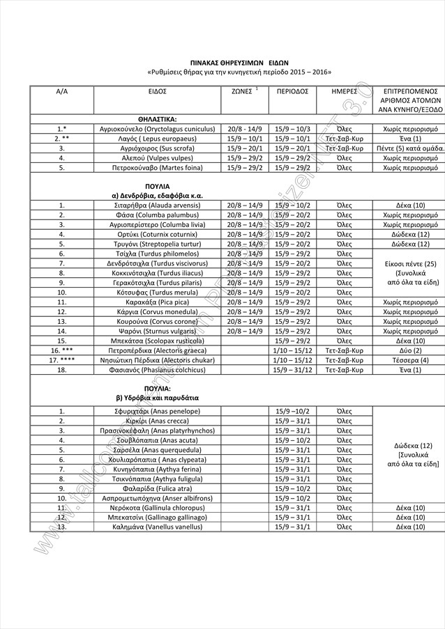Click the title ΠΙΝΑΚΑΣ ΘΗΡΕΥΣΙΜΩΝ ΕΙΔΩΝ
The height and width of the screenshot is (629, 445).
239,62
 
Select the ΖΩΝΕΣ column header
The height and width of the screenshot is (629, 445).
241,91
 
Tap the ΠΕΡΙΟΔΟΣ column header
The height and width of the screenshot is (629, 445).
292,91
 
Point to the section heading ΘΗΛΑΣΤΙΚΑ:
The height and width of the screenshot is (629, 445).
157,120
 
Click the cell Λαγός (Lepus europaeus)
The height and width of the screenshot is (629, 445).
157,139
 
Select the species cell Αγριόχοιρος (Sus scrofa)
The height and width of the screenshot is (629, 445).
157,148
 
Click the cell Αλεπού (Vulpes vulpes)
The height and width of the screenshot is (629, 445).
157,158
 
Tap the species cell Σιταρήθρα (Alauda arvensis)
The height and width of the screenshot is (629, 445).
157,205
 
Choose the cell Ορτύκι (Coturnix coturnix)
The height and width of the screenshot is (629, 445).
157,235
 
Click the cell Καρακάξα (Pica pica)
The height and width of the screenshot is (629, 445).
157,302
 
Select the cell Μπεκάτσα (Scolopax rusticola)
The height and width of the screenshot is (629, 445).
157,341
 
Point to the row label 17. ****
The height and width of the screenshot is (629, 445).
62,360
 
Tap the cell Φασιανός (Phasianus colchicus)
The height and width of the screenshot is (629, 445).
157,370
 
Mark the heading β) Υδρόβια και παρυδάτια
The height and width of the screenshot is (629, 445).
157,397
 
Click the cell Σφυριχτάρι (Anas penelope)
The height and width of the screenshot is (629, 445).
157,412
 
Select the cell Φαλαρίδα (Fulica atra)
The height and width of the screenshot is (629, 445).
157,488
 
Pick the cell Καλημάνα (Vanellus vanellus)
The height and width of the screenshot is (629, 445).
157,527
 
